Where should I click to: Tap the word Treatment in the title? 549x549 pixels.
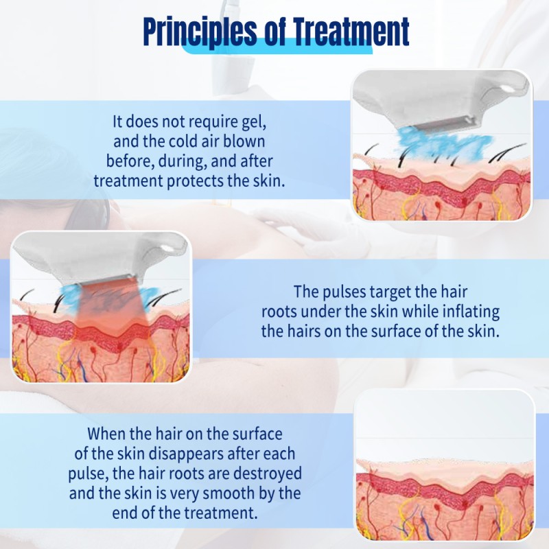pos(352,32)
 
